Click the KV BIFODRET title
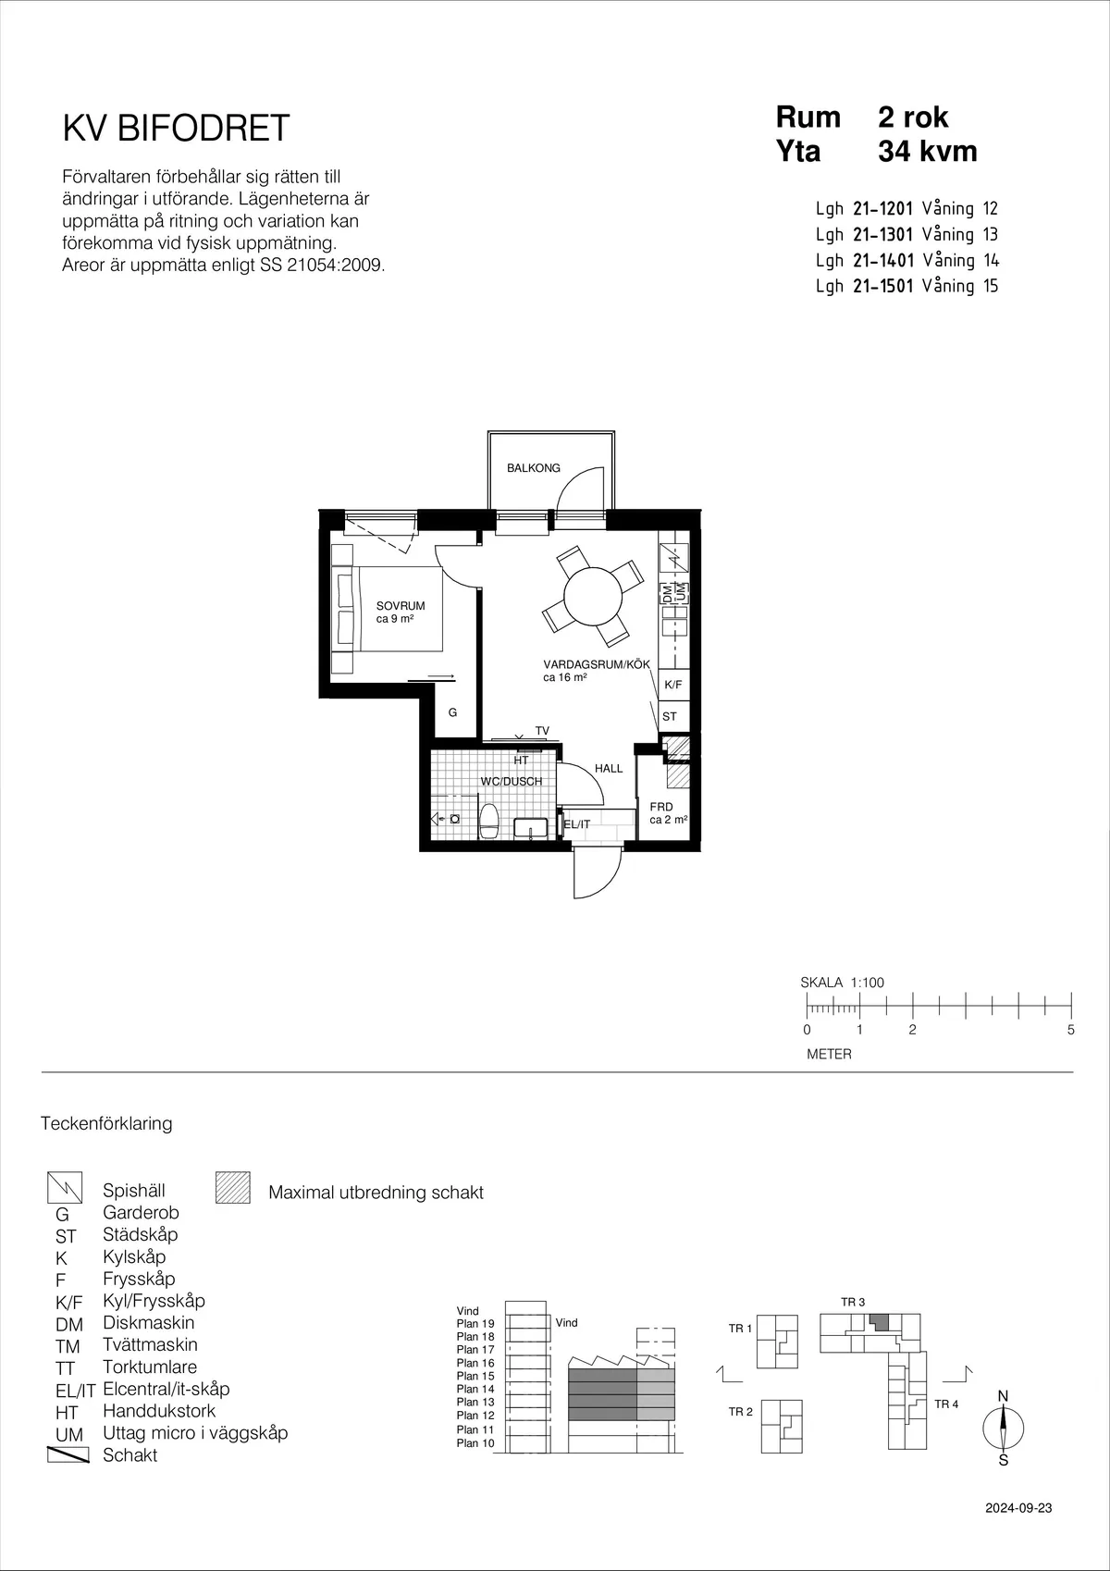[176, 129]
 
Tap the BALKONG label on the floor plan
[533, 468]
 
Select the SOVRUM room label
[401, 606]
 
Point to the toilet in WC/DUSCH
[489, 820]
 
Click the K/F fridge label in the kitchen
[672, 685]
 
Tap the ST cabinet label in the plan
[670, 716]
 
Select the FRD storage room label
[661, 807]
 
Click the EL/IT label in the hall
[576, 824]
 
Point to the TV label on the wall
[542, 731]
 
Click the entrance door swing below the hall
[596, 874]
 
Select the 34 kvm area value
[927, 151]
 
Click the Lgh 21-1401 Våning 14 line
[906, 260]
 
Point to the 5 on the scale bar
[1070, 1030]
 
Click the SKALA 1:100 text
[842, 983]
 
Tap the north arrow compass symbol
[1003, 1428]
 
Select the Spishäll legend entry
[134, 1191]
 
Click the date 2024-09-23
[1018, 1508]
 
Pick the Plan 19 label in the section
[475, 1324]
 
